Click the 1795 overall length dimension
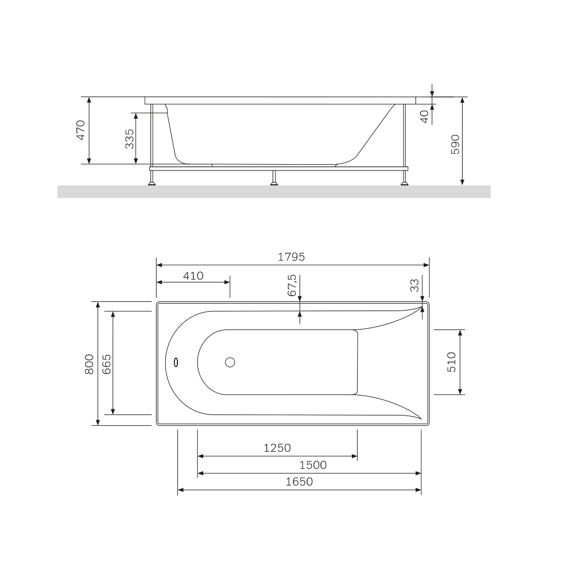[292, 257]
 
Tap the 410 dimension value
[193, 276]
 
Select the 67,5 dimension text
[292, 285]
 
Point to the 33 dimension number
[414, 285]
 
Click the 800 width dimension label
[90, 364]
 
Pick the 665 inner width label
[106, 364]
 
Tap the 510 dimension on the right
[452, 362]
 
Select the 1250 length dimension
[277, 448]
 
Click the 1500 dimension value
[313, 465]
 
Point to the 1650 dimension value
[300, 482]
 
